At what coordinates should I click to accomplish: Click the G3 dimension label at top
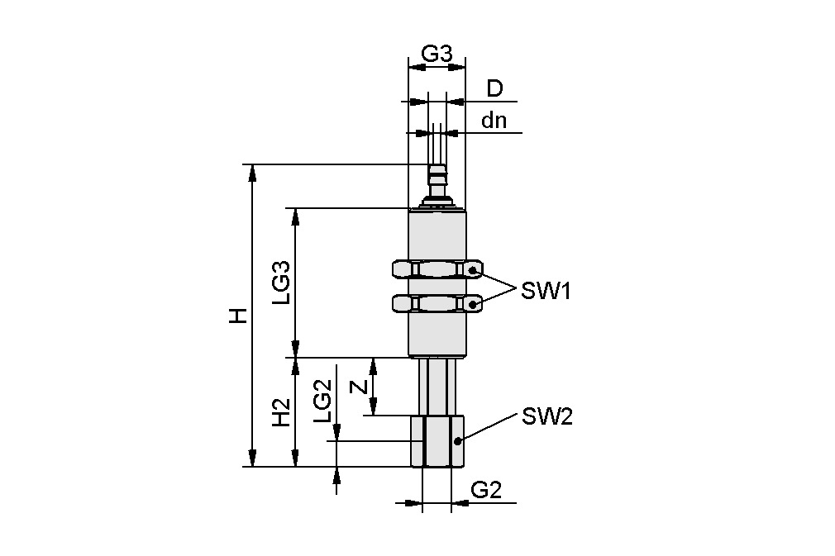437,54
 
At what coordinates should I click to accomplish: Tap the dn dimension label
494,121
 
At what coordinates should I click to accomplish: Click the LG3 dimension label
282,283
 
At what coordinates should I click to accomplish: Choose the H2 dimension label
282,411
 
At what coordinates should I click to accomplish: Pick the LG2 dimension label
323,402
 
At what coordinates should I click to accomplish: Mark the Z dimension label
358,387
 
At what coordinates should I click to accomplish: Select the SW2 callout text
546,417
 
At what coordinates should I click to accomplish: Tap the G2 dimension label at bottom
486,490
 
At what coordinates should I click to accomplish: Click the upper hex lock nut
437,270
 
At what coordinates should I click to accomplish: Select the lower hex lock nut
437,304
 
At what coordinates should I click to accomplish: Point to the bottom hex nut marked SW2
437,441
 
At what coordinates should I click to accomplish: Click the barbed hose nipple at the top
437,185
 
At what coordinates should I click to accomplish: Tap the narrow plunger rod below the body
437,386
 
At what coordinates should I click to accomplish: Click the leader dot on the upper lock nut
473,270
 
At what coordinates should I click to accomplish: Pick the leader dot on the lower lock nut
473,304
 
